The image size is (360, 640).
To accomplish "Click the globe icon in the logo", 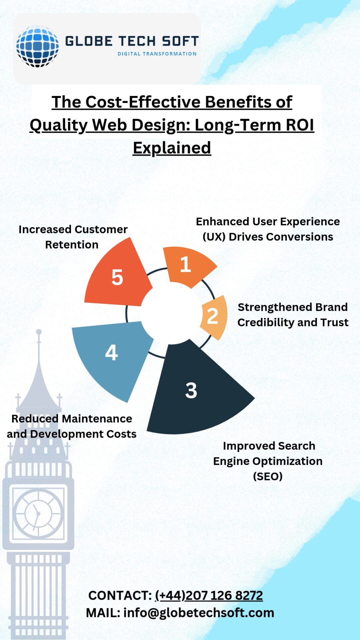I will point(37,46).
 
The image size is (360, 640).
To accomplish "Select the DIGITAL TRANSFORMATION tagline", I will point(157,54).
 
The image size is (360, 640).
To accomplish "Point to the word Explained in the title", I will point(172,148).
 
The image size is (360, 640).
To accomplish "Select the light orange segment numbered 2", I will point(214,316).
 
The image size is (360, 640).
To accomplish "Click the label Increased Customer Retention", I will point(73,237).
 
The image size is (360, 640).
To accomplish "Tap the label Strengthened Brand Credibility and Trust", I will point(293,315).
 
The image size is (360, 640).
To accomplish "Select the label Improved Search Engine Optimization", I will point(268,461).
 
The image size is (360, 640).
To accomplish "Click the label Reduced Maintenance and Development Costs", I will point(72,426).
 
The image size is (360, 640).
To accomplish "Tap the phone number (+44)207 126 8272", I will point(209,595).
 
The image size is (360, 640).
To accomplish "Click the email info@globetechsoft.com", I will point(199,613).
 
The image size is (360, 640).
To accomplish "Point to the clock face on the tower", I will point(38,514).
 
